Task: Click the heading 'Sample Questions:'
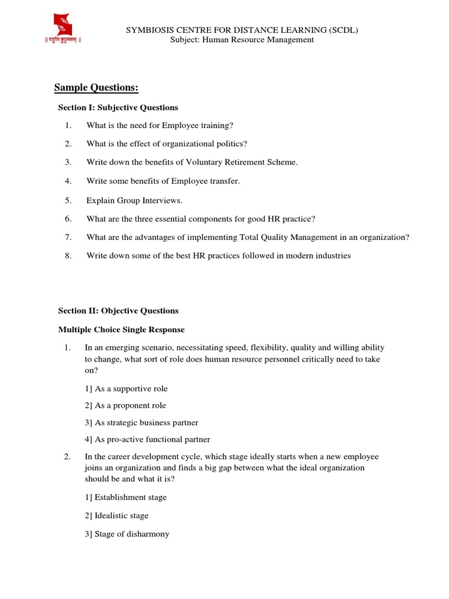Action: point(96,88)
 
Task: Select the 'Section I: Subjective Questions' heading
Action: point(118,108)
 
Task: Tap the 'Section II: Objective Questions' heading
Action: point(118,311)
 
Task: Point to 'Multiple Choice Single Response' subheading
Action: point(121,330)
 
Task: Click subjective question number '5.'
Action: point(68,200)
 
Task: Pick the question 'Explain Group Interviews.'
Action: point(134,200)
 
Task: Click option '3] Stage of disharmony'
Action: point(127,534)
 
